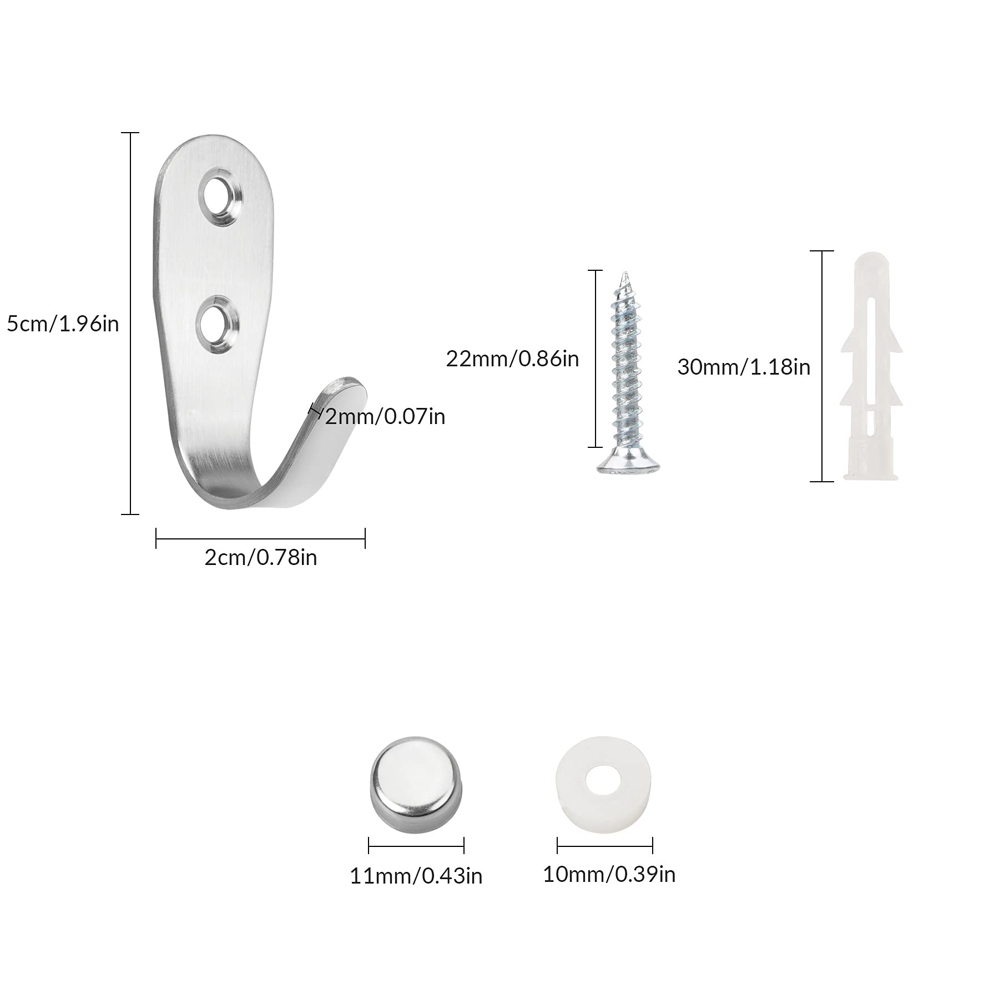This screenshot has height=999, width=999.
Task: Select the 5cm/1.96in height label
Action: coord(63,324)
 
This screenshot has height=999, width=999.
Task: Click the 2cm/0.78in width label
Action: coord(261,557)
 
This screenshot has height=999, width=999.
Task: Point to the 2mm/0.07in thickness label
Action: coord(385,416)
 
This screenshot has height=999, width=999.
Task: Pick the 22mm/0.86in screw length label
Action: coord(512,359)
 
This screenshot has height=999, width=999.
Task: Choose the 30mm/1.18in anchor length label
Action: coord(744,367)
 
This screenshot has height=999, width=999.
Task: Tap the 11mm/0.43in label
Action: coord(416,876)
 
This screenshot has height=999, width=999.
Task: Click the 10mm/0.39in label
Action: coord(609,874)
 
